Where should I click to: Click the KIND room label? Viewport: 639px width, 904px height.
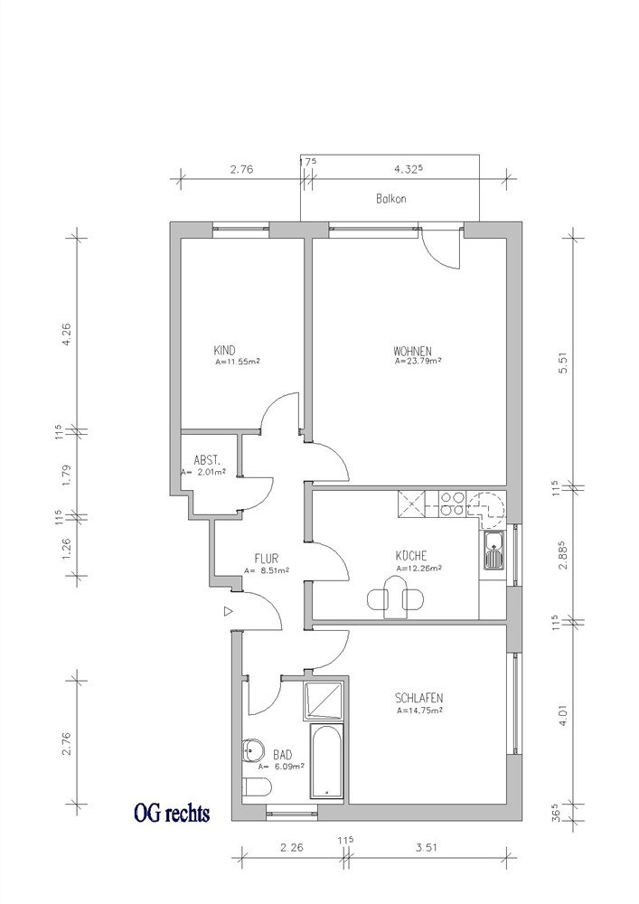point(225,351)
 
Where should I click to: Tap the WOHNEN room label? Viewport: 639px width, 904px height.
point(412,351)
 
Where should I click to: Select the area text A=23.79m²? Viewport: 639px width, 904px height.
point(418,363)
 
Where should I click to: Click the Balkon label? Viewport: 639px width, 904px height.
point(391,198)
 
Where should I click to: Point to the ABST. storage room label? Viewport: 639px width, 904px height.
point(207,460)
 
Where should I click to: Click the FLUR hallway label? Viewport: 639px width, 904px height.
point(267,558)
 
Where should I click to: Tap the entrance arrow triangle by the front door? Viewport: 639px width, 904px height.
point(228,610)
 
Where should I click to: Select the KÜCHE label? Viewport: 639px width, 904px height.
point(411,556)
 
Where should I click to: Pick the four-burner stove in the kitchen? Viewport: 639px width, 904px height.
point(452,504)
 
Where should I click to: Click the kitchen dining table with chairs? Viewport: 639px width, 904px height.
point(396,598)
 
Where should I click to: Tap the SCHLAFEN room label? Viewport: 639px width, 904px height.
point(419,698)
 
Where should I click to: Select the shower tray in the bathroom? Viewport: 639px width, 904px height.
point(324,701)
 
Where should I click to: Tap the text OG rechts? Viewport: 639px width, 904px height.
point(171,814)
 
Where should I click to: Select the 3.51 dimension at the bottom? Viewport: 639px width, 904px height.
point(427,847)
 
